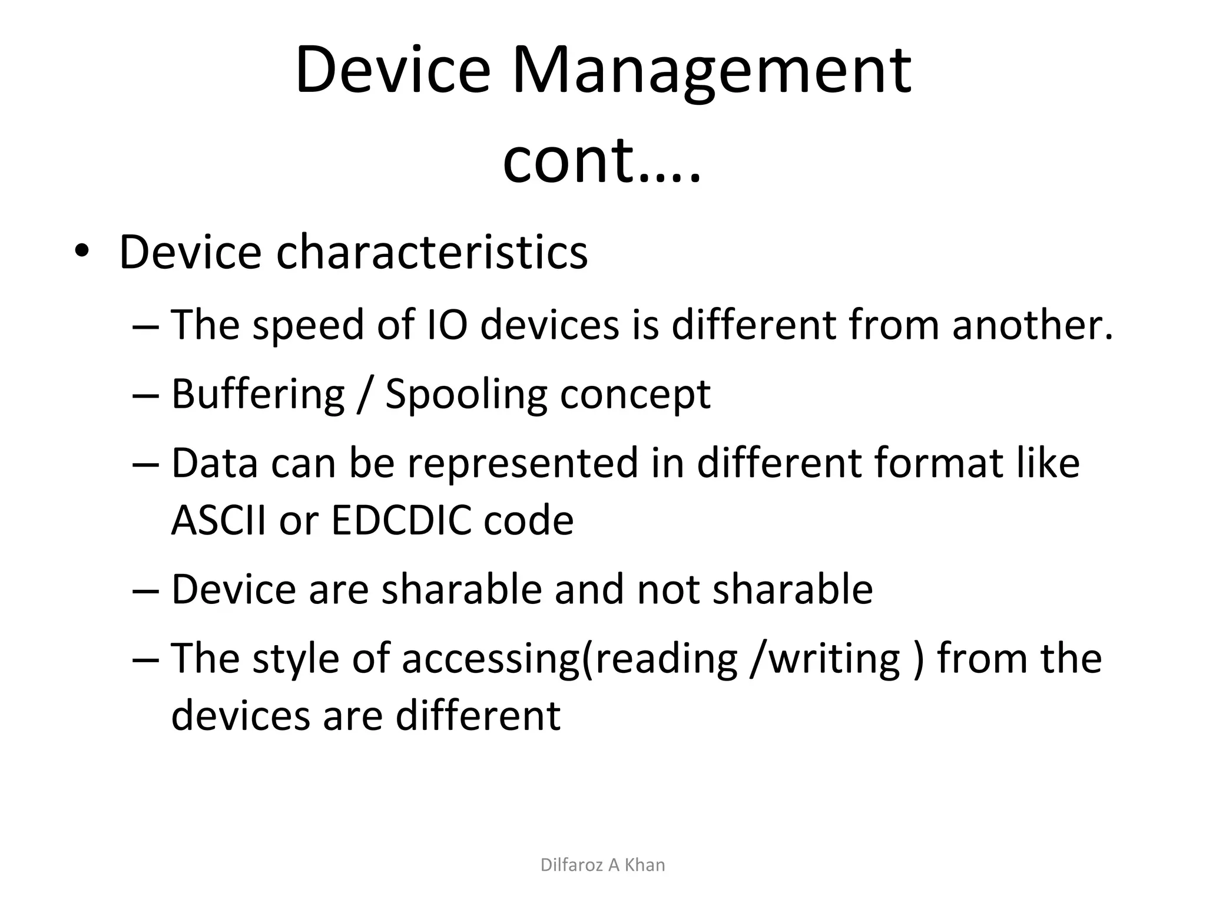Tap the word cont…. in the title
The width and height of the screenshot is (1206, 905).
[602, 160]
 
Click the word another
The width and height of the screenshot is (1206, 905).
[1032, 325]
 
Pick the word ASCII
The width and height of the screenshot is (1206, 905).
[218, 520]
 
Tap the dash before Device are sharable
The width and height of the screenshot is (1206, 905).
[146, 590]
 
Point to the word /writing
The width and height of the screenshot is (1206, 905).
[825, 659]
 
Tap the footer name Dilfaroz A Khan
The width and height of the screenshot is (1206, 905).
[602, 865]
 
